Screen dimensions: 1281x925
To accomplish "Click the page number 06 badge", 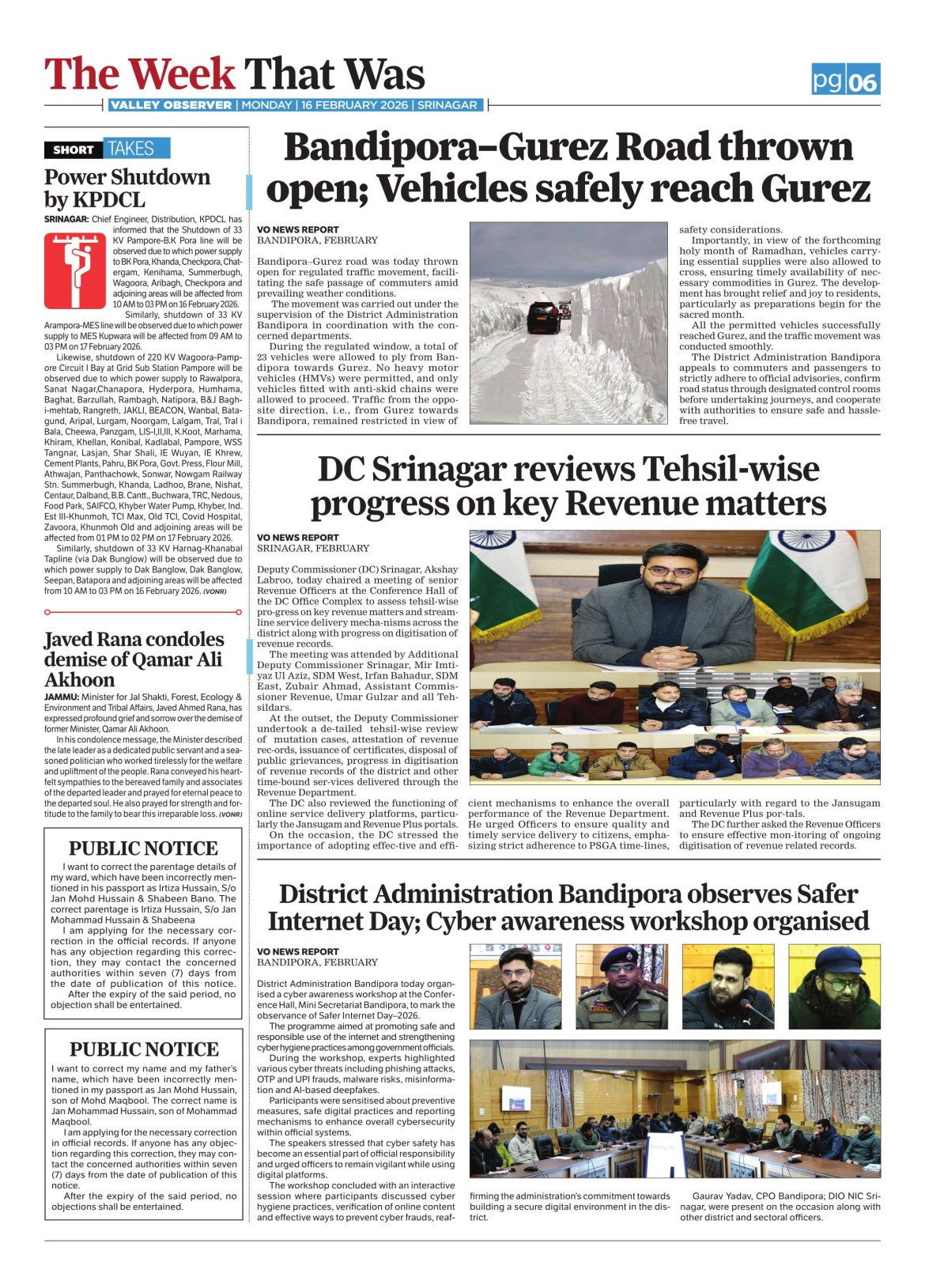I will tap(863, 80).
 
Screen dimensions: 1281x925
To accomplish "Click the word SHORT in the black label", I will tap(74, 149).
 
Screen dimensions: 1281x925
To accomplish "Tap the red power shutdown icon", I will tap(75, 270).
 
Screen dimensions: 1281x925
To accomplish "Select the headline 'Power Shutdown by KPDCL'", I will tap(127, 187).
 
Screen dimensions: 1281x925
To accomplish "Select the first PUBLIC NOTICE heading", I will tap(143, 848).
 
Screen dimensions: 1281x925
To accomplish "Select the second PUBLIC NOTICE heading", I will tap(144, 1049).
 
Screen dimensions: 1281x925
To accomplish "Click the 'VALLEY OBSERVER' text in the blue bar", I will tap(171, 105).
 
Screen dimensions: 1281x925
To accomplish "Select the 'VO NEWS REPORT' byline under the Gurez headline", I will tap(298, 229).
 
